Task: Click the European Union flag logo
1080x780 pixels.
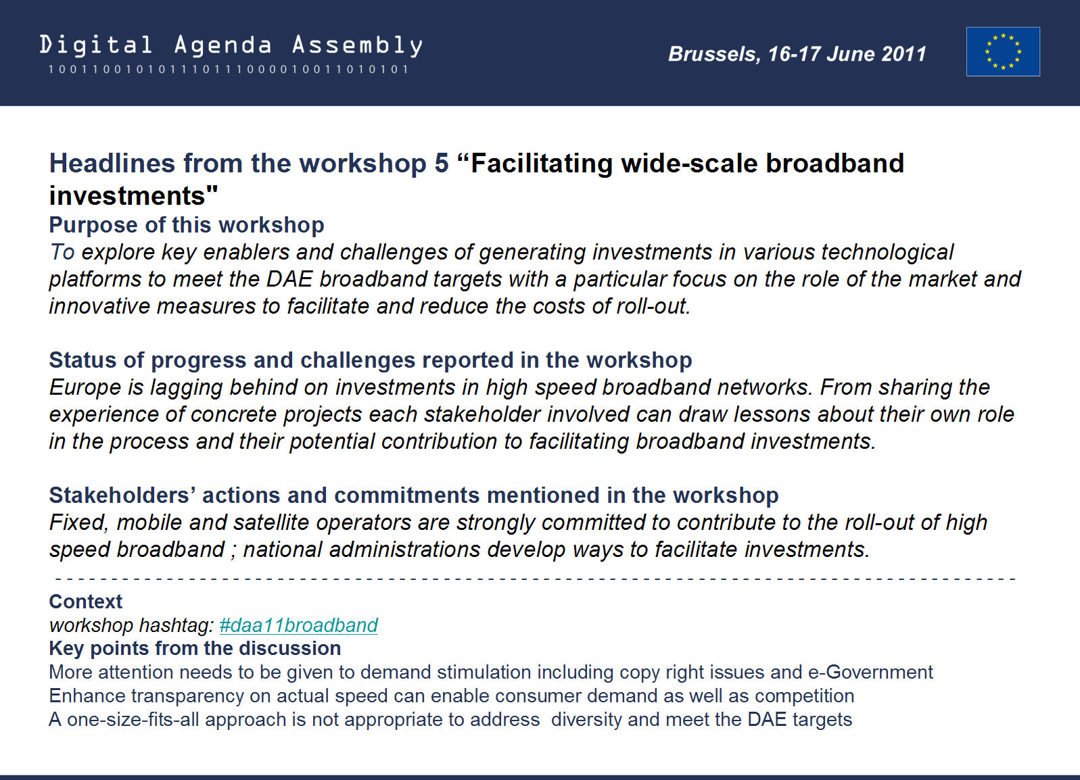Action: [x=1003, y=51]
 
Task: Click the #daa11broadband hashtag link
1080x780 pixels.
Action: [x=298, y=625]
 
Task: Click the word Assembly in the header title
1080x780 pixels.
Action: [x=357, y=46]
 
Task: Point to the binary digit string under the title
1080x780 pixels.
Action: [x=228, y=70]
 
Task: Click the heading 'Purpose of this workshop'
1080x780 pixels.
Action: [x=187, y=225]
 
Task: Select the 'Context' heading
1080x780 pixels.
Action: [x=86, y=602]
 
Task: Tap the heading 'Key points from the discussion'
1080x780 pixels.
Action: [x=195, y=648]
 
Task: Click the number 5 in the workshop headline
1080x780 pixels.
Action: [x=442, y=163]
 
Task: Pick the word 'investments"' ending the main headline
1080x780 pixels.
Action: [x=133, y=195]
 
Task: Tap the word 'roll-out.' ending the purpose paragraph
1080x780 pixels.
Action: [x=653, y=306]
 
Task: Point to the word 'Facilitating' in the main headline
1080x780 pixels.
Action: [x=542, y=164]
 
